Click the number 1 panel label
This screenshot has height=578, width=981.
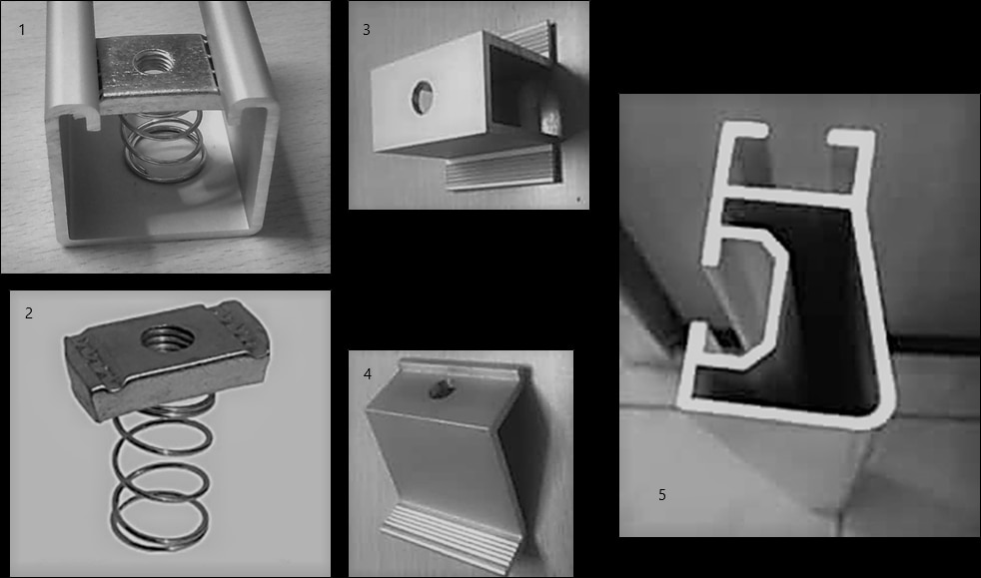click(x=22, y=29)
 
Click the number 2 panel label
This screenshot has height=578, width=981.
click(x=29, y=313)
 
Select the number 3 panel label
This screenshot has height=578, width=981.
click(x=367, y=29)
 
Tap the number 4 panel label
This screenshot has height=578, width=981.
click(x=368, y=373)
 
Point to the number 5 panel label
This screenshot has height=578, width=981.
click(x=662, y=495)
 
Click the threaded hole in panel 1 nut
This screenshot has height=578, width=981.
click(x=151, y=62)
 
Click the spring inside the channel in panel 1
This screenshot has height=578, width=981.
click(x=164, y=146)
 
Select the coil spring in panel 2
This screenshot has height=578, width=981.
click(x=163, y=476)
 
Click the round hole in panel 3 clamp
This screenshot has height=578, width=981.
click(x=423, y=98)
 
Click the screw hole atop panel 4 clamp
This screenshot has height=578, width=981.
click(x=439, y=388)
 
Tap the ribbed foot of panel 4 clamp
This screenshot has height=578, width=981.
click(x=451, y=537)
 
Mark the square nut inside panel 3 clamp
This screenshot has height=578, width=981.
click(x=548, y=119)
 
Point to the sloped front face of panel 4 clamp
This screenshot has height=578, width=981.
click(x=445, y=456)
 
